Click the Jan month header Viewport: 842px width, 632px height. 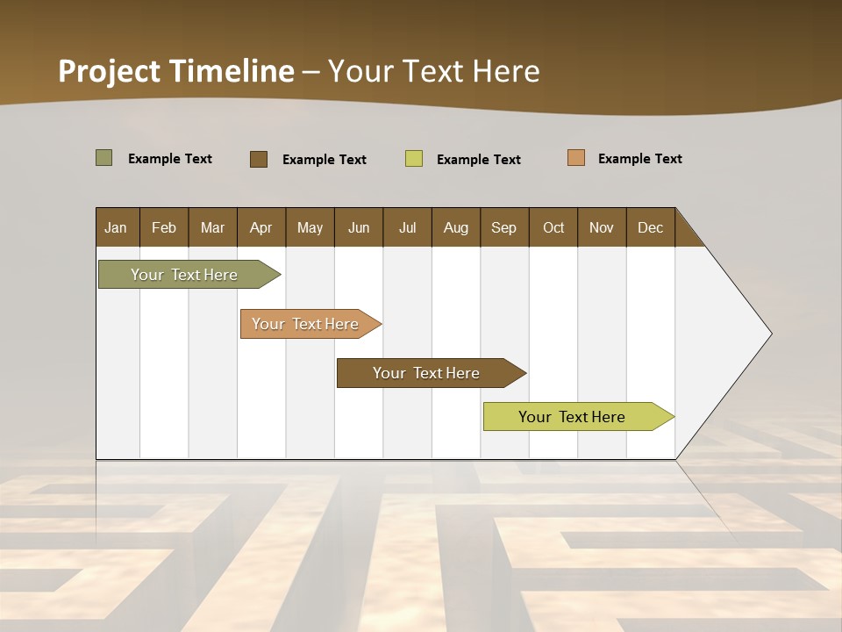tap(117, 227)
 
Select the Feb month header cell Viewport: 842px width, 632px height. tap(164, 227)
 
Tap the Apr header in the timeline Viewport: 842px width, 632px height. tap(261, 227)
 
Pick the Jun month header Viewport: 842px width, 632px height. tap(359, 227)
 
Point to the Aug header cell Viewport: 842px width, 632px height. tap(456, 227)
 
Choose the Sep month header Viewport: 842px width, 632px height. tap(504, 227)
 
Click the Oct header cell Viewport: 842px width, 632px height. tap(553, 227)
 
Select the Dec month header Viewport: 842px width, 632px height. tap(651, 227)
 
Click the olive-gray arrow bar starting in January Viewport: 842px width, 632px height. tap(185, 275)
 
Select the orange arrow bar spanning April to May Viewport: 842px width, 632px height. tap(306, 324)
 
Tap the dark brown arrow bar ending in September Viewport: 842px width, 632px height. tap(427, 373)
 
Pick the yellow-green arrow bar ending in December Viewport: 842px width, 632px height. tap(573, 417)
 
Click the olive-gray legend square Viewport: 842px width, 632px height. tap(104, 158)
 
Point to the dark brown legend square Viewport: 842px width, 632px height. tap(259, 159)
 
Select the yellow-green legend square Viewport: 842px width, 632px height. tap(414, 159)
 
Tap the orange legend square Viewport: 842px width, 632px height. tap(576, 158)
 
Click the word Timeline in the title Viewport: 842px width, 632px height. tap(232, 71)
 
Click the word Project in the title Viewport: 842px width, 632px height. tap(110, 71)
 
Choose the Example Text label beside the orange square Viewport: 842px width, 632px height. tap(639, 159)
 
